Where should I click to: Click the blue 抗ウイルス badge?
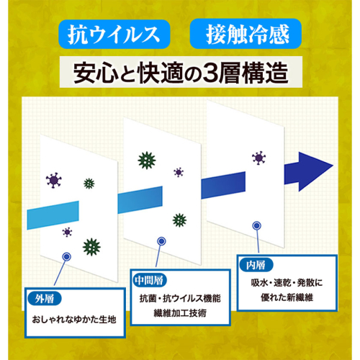(x=114, y=35)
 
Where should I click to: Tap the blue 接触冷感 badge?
(x=246, y=34)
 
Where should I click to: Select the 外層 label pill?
(x=45, y=299)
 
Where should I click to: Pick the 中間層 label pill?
(x=149, y=280)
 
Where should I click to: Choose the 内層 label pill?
(x=256, y=265)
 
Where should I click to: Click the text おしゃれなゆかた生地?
(x=74, y=320)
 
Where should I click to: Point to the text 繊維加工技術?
(x=180, y=313)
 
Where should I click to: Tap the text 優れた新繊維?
(x=287, y=298)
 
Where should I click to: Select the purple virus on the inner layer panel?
(x=258, y=158)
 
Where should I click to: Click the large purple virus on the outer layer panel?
(x=54, y=180)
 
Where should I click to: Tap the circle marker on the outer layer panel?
(x=66, y=257)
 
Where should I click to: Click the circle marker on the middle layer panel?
(x=161, y=241)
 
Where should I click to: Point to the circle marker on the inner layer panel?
(x=257, y=225)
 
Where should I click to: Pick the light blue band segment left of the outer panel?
(x=53, y=215)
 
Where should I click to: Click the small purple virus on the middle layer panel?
(x=179, y=172)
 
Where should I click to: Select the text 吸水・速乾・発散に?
(x=287, y=283)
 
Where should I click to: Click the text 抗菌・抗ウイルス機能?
(x=180, y=298)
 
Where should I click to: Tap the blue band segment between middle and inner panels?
(x=223, y=185)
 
